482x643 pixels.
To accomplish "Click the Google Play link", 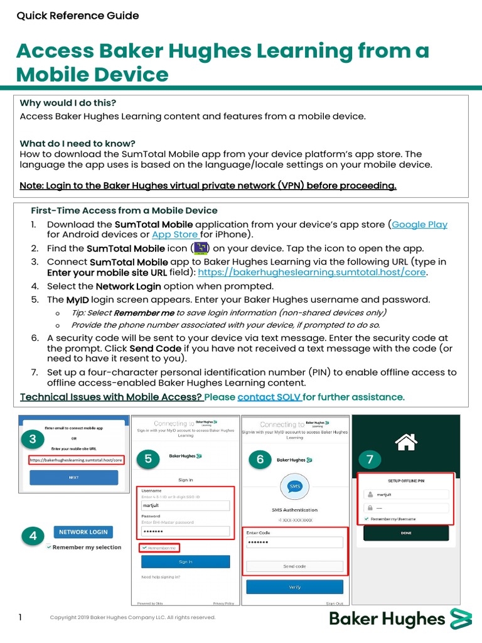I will point(419,224).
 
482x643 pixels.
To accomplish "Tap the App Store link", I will point(175,234).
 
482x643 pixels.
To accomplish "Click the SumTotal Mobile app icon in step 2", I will point(200,248).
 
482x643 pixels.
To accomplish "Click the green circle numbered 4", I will point(33,536).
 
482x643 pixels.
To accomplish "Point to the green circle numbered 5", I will point(148,459).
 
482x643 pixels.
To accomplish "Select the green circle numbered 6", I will point(260,459).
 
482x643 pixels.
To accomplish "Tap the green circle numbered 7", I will point(370,459).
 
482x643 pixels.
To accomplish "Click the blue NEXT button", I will point(73,477).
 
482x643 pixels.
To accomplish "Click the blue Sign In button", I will point(185,561).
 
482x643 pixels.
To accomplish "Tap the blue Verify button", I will point(294,587).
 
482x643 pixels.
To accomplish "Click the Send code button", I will point(294,566).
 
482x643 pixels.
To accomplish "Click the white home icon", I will point(406,441).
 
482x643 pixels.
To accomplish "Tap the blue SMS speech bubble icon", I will point(294,487).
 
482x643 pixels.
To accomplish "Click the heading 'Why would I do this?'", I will point(68,103).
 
